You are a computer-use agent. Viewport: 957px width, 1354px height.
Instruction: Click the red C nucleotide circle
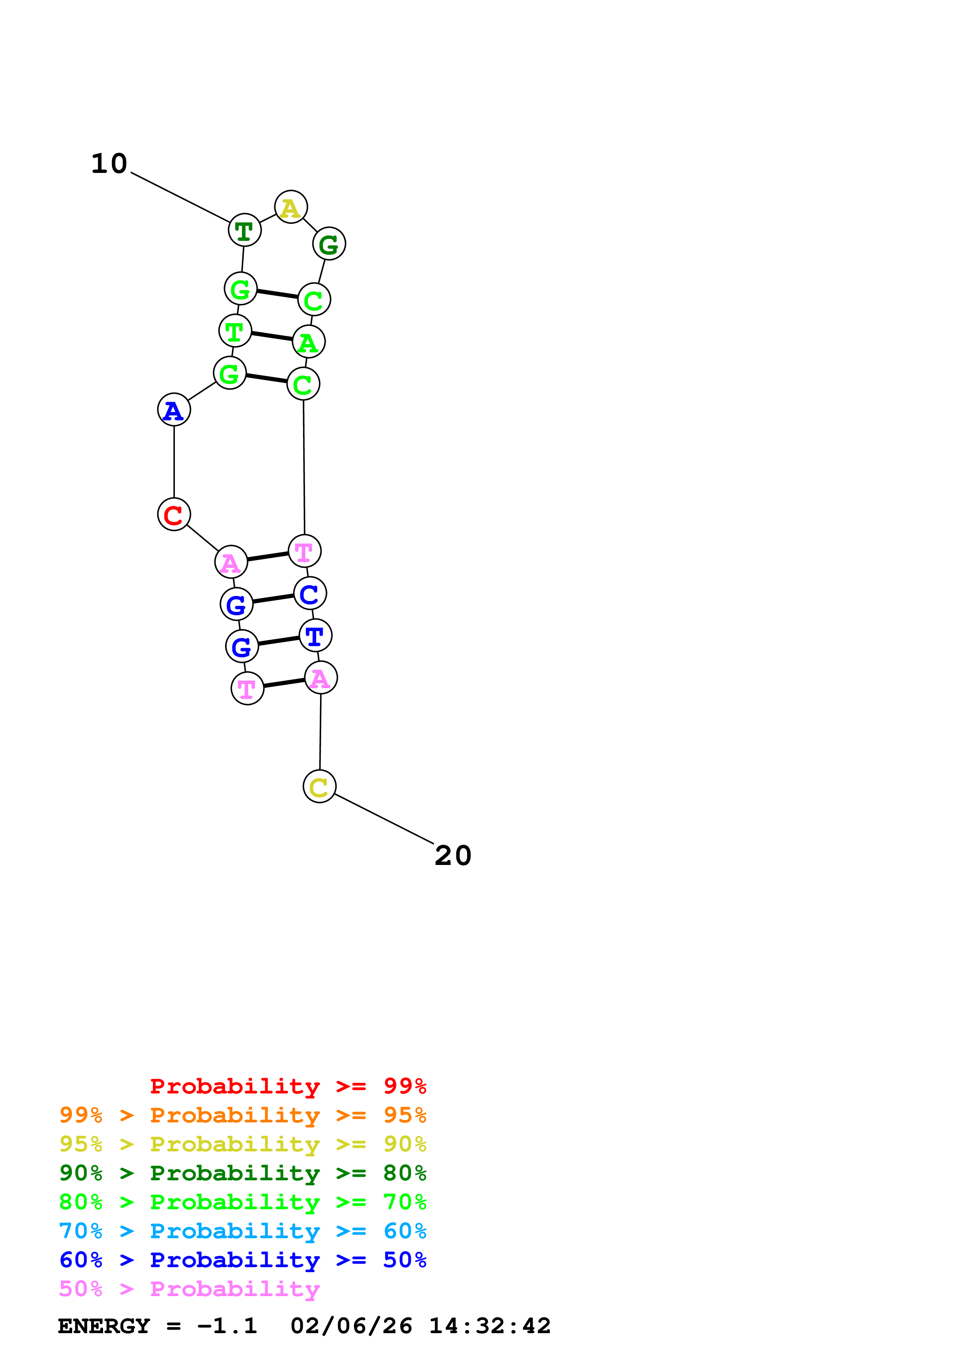(x=174, y=514)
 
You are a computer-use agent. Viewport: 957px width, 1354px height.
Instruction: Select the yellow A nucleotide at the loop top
(x=291, y=207)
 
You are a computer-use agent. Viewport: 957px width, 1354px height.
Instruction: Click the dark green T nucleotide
(x=245, y=230)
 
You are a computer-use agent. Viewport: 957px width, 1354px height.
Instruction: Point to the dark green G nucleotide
(x=329, y=244)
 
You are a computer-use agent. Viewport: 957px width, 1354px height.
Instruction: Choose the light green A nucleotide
(x=309, y=342)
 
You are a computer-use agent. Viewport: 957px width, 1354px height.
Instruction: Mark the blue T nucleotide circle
(x=315, y=636)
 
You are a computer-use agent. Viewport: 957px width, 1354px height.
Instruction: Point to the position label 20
(x=453, y=856)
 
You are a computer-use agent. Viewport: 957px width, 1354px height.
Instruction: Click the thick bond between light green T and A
(x=272, y=336)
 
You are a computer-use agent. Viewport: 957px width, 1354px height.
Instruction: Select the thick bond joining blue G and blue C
(x=273, y=599)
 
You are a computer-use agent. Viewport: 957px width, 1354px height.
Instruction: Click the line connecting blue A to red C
(x=174, y=462)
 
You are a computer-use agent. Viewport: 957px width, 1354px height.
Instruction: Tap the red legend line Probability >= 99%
(x=288, y=1086)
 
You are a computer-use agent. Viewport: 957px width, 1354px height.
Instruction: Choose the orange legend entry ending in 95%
(x=242, y=1115)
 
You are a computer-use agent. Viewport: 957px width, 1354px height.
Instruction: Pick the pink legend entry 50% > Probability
(x=189, y=1288)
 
